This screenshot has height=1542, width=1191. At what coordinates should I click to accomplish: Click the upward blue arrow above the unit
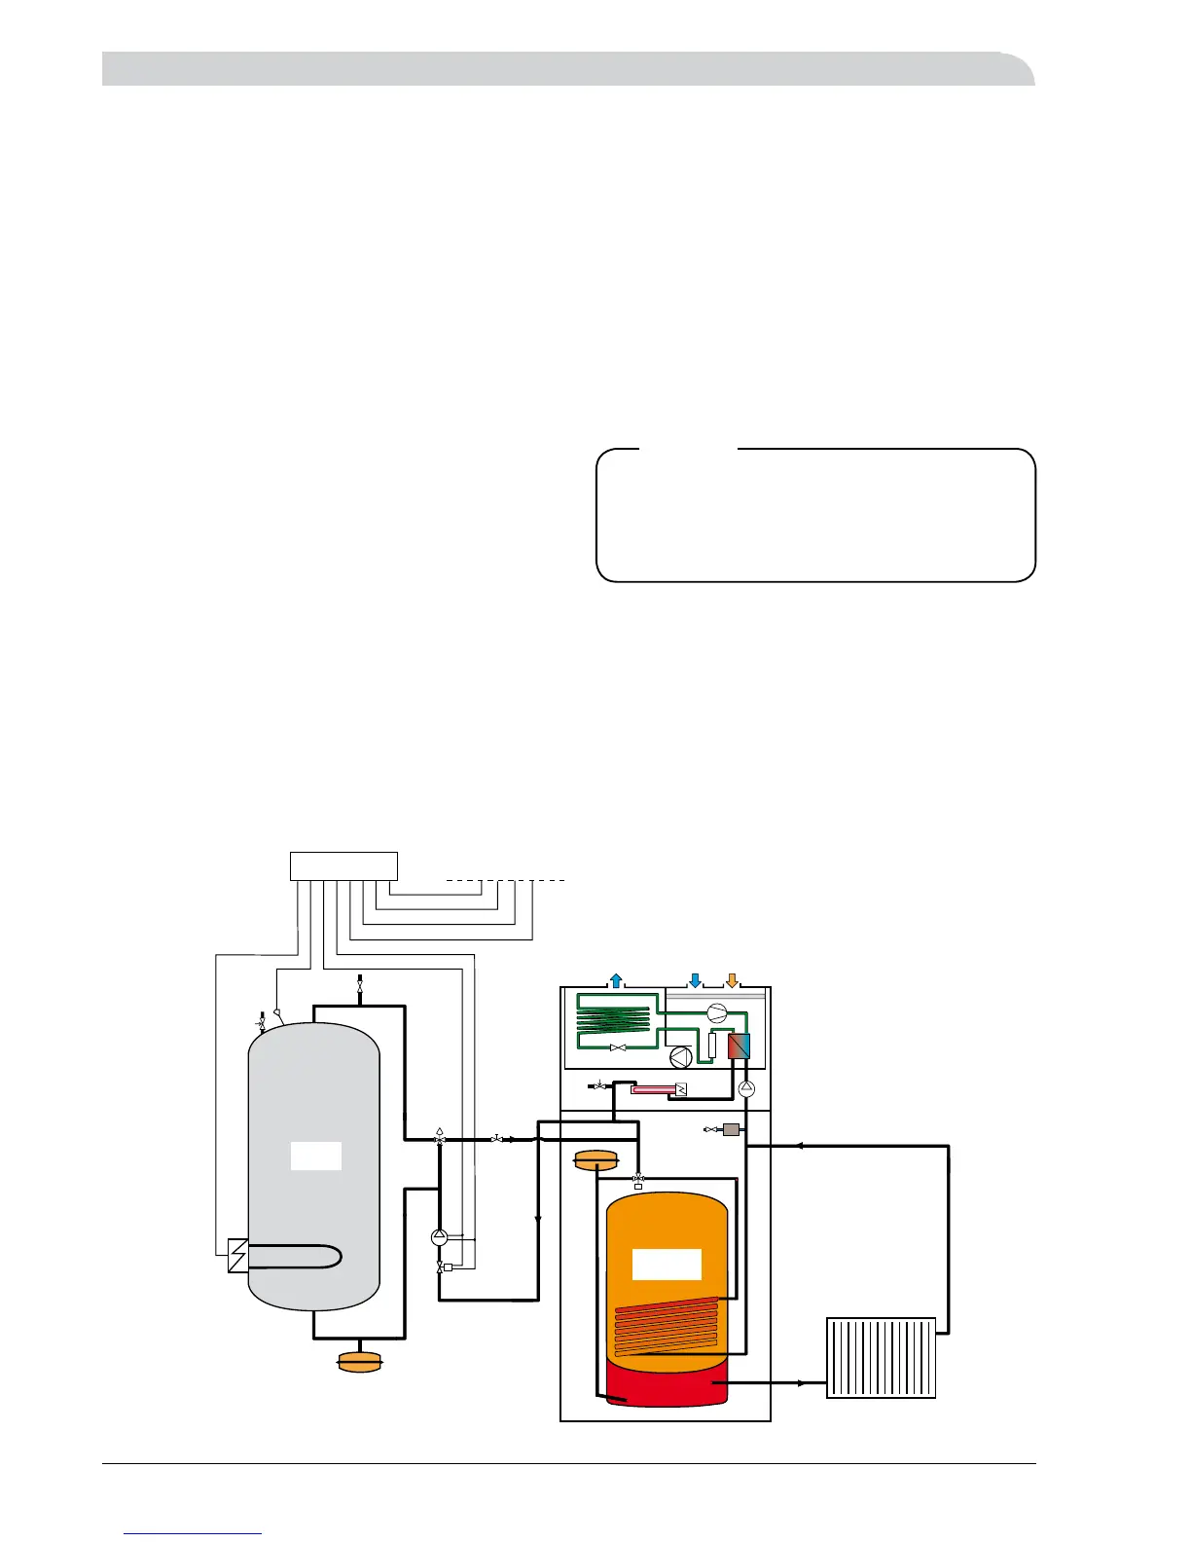tap(616, 979)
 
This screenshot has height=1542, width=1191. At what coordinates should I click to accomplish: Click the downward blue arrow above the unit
tap(695, 979)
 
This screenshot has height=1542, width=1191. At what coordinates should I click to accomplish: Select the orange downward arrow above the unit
tap(733, 979)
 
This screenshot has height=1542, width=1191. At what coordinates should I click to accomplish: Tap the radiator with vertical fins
tap(881, 1357)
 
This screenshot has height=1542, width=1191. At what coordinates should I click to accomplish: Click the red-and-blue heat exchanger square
tap(740, 1046)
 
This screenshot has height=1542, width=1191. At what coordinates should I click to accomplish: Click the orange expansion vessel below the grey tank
tap(359, 1362)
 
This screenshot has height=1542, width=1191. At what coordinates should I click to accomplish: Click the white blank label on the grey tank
tap(316, 1156)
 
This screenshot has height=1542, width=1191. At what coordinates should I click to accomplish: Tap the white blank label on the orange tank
tap(667, 1264)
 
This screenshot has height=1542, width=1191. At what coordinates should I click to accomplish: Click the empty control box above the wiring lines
tap(343, 865)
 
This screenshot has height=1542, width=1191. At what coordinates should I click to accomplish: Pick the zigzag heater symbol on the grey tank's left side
tap(237, 1256)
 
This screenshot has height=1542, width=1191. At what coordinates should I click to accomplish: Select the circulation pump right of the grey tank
tap(438, 1237)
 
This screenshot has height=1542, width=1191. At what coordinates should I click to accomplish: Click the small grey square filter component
tap(731, 1129)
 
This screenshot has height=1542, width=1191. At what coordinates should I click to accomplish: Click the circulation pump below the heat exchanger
tap(746, 1089)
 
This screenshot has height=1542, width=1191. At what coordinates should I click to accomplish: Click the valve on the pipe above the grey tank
tap(360, 985)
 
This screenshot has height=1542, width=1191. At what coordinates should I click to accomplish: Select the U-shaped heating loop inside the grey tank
tap(297, 1257)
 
